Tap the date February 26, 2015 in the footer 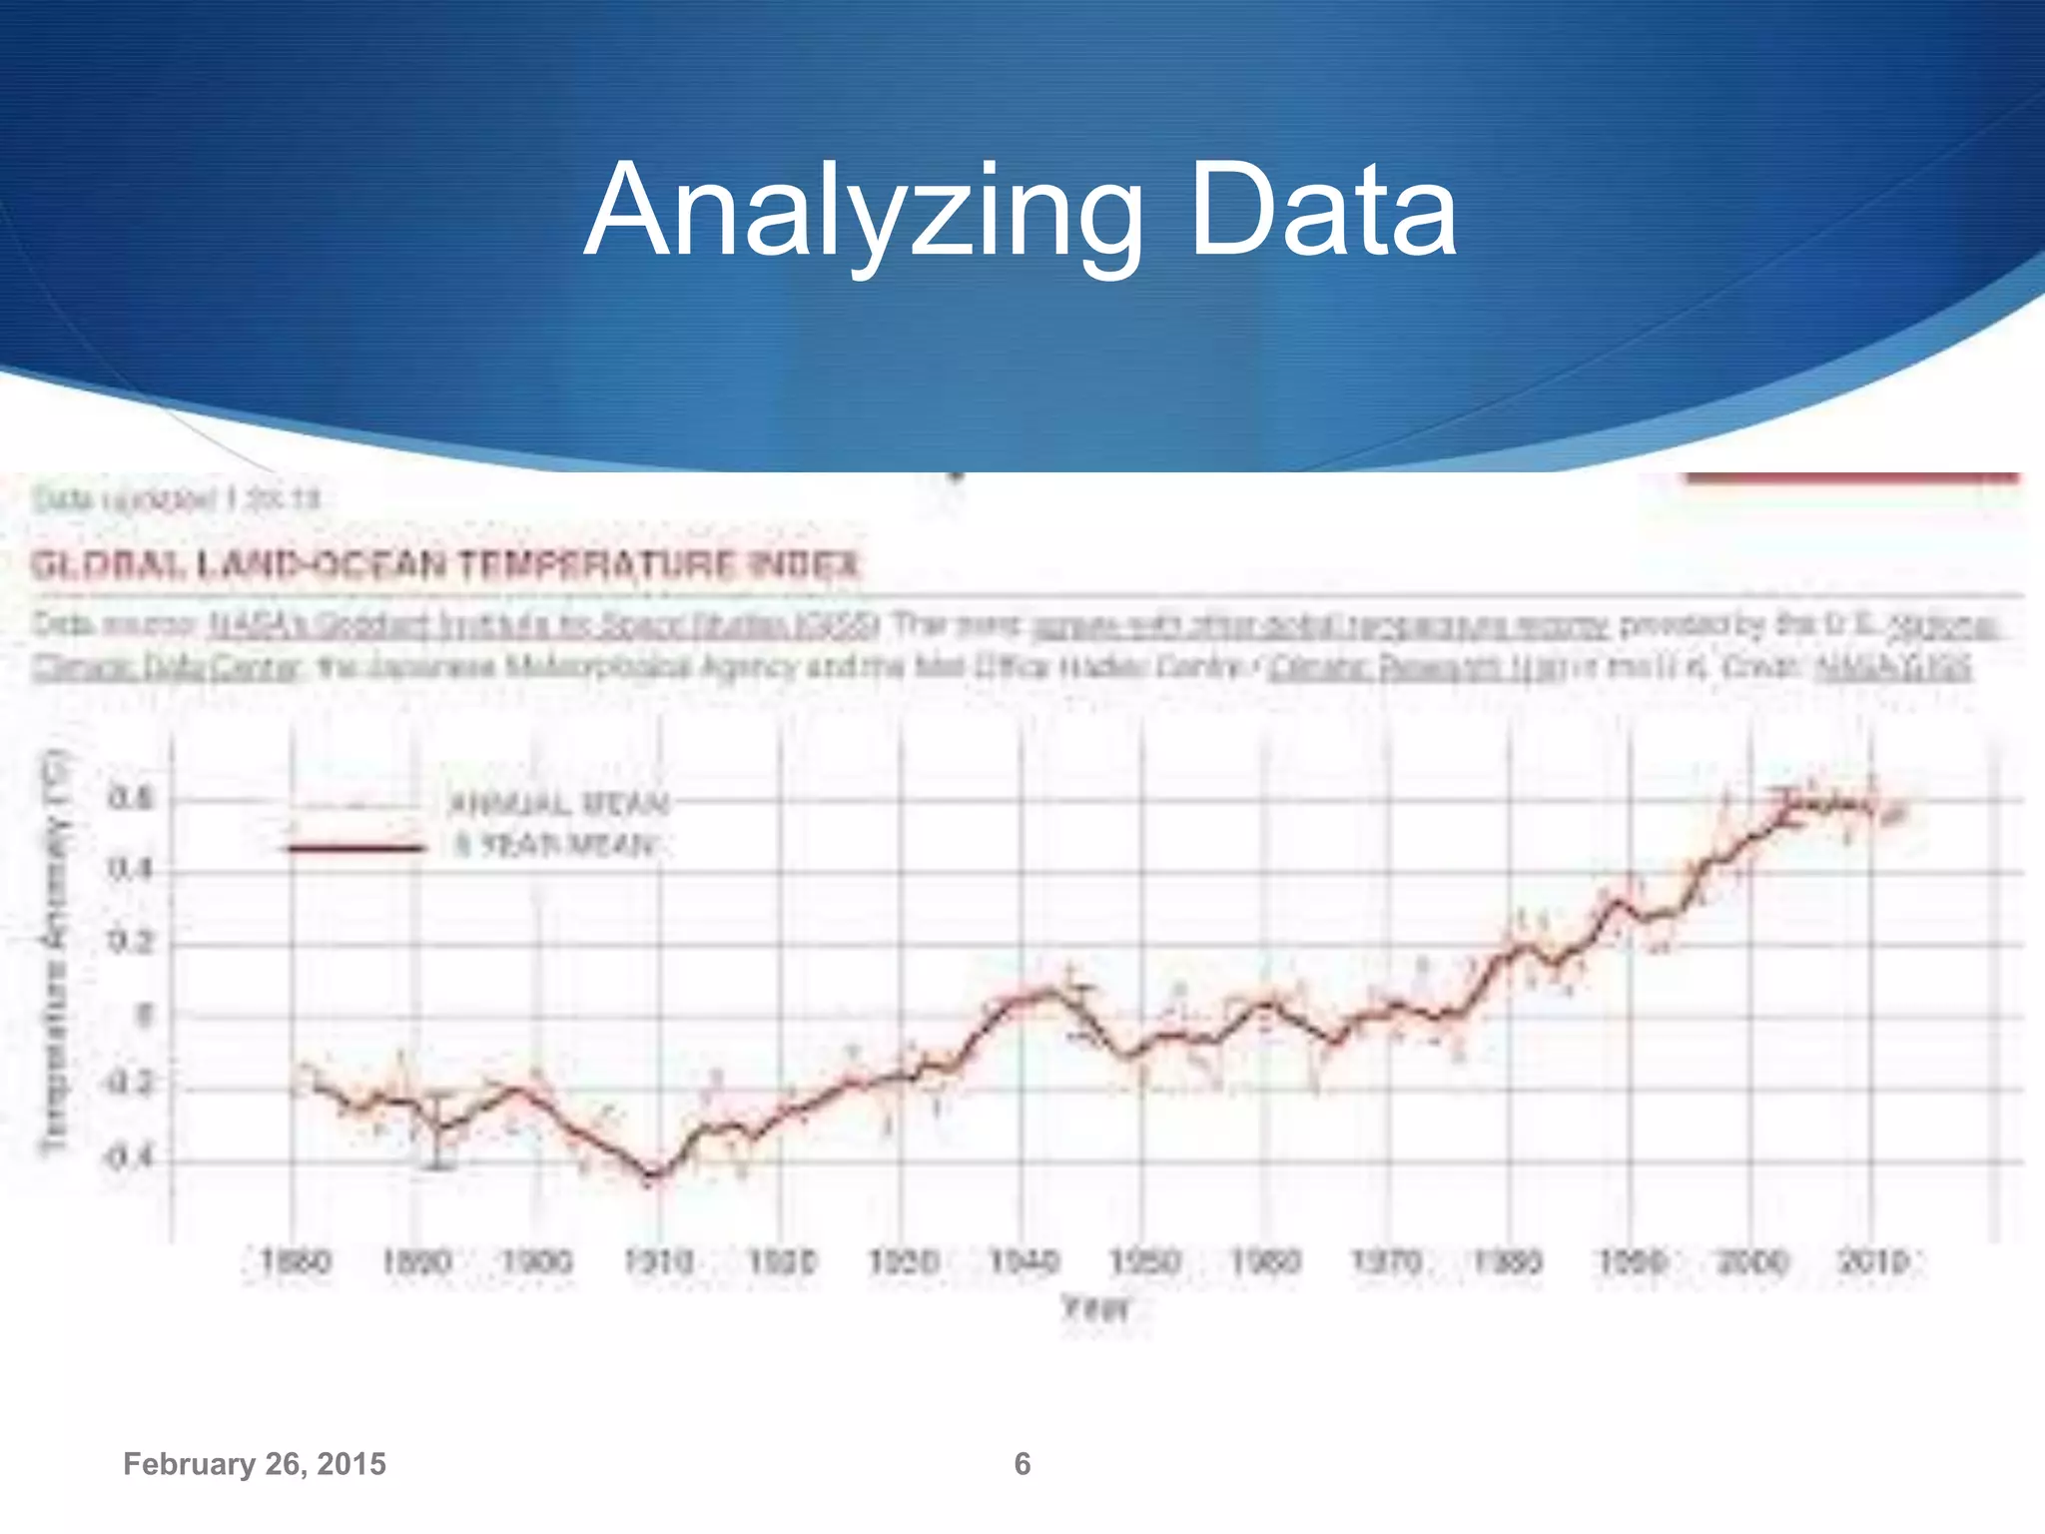click(x=254, y=1464)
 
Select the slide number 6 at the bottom click(x=1022, y=1464)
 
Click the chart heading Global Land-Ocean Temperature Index click(x=444, y=565)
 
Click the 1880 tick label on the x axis click(x=295, y=1262)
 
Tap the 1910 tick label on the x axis click(x=659, y=1262)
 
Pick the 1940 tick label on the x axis click(x=1023, y=1262)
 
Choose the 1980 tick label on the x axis click(x=1509, y=1262)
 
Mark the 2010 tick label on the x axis click(x=1873, y=1262)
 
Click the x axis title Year click(x=1095, y=1308)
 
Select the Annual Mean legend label click(x=559, y=804)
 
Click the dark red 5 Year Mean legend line click(x=354, y=848)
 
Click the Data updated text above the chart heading click(x=176, y=498)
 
